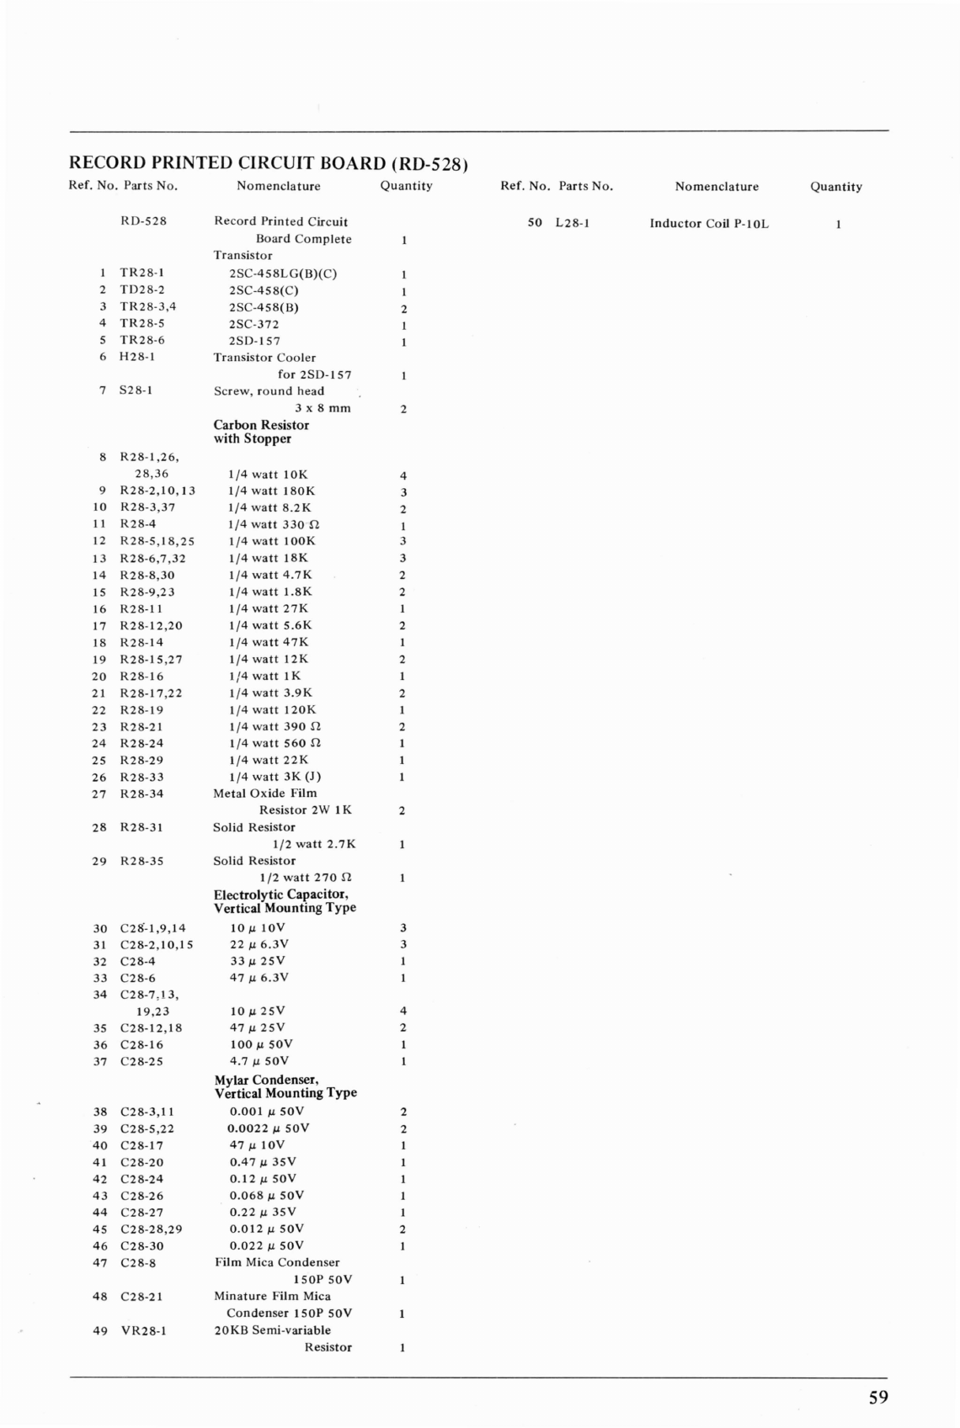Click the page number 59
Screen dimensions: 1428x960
pos(877,1398)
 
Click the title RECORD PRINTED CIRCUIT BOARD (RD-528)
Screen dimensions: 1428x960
pos(268,162)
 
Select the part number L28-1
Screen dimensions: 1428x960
pos(573,224)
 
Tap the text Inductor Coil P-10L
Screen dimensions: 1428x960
pos(709,224)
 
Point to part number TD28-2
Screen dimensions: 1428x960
pos(142,289)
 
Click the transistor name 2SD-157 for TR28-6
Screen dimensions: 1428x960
pos(254,341)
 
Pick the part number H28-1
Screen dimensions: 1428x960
pos(137,357)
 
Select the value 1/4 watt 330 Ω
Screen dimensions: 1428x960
pos(274,524)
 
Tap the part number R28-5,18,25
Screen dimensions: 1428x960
pos(157,541)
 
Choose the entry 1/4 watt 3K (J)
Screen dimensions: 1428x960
pos(275,777)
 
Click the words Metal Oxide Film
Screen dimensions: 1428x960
pos(265,793)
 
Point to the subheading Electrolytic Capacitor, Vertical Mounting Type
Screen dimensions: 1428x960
pos(285,900)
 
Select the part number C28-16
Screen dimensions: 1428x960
pos(142,1044)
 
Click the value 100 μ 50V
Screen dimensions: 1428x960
pos(261,1043)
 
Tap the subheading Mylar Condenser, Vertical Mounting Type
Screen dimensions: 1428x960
pos(285,1086)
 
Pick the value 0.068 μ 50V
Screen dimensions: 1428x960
pos(267,1195)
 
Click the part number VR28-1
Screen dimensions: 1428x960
pos(143,1330)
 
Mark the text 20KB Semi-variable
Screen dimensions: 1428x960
pos(272,1330)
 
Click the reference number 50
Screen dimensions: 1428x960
pos(535,224)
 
